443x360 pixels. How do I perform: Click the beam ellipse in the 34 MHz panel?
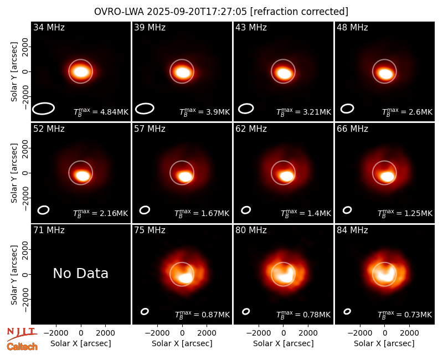click(43, 103)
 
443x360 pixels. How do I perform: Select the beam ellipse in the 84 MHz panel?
click(347, 309)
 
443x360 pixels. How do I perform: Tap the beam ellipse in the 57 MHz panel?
click(145, 207)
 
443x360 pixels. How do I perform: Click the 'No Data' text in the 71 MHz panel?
click(80, 273)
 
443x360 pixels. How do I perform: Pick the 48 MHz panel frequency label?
click(352, 27)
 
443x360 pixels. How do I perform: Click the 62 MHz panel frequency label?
click(251, 129)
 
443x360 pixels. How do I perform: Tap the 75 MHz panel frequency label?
click(150, 230)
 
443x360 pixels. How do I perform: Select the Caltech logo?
click(22, 347)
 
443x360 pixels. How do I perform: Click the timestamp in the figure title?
click(197, 12)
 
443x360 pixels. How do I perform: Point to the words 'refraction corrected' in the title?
click(299, 12)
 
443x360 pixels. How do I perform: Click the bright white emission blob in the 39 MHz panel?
click(183, 72)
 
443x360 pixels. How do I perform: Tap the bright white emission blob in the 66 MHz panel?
click(387, 177)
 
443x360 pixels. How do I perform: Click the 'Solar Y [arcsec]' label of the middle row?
click(14, 173)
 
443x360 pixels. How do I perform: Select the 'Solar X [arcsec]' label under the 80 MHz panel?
click(284, 343)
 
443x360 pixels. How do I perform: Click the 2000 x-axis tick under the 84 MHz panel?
click(409, 333)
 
